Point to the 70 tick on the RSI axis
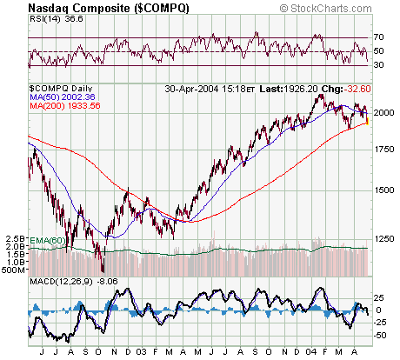[380, 37]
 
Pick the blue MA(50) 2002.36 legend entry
[60, 98]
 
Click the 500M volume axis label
[15, 270]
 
